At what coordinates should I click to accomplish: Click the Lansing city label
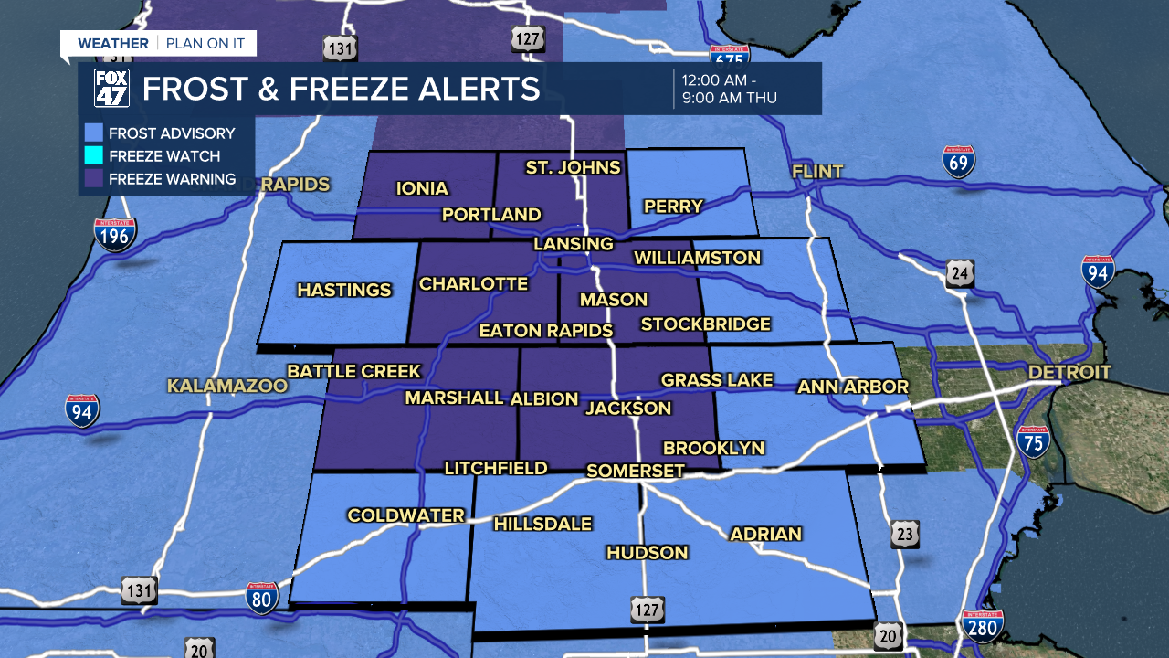574,244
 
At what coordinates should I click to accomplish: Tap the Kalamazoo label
227,387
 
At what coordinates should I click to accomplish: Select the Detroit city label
1069,373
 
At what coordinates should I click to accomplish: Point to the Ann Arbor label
853,387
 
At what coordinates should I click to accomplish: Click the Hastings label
344,291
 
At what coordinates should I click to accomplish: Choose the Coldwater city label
405,515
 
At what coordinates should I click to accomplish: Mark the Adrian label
765,534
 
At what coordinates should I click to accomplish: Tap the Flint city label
817,172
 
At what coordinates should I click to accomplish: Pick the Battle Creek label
354,371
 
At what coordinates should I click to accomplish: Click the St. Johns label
573,167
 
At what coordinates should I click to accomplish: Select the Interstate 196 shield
115,235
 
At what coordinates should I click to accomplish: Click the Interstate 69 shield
959,161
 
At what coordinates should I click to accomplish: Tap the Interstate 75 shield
1033,440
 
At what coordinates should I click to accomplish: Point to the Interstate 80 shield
261,599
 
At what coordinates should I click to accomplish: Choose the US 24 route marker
960,273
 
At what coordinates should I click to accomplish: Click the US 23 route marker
905,534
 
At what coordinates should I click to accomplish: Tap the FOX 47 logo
112,89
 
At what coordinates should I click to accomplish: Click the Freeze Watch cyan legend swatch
92,156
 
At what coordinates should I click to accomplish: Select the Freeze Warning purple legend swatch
92,179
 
